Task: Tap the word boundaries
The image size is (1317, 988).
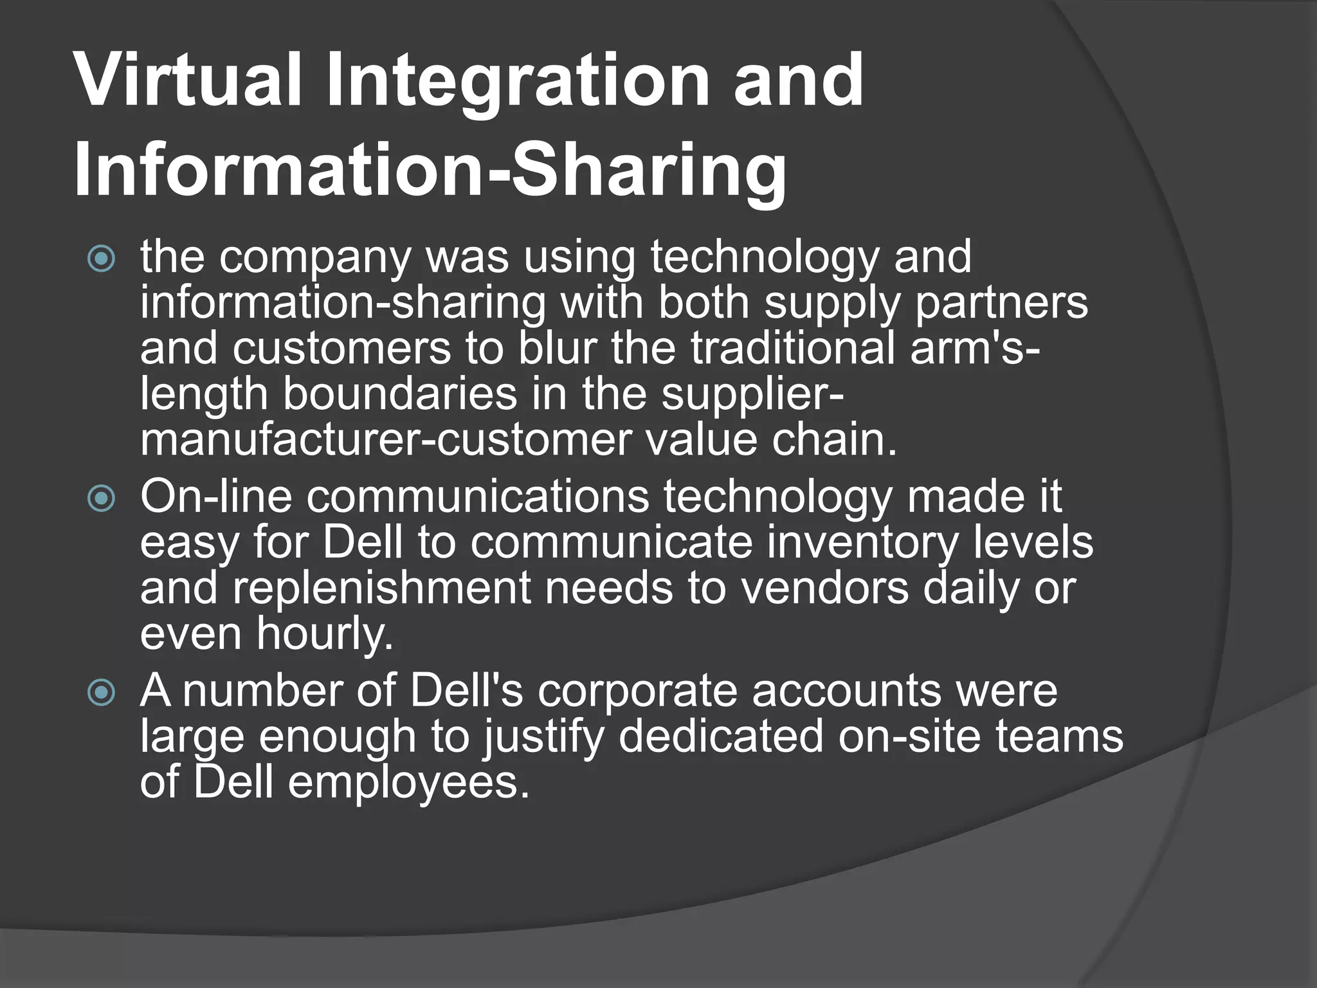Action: tap(400, 394)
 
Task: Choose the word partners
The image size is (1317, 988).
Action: tap(1001, 302)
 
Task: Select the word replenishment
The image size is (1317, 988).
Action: tap(382, 588)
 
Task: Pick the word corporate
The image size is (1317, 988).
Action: tap(637, 691)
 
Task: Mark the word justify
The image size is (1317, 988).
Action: tap(543, 737)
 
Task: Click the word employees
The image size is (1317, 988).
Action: tap(409, 783)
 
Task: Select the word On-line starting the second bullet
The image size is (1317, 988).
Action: tap(216, 497)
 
